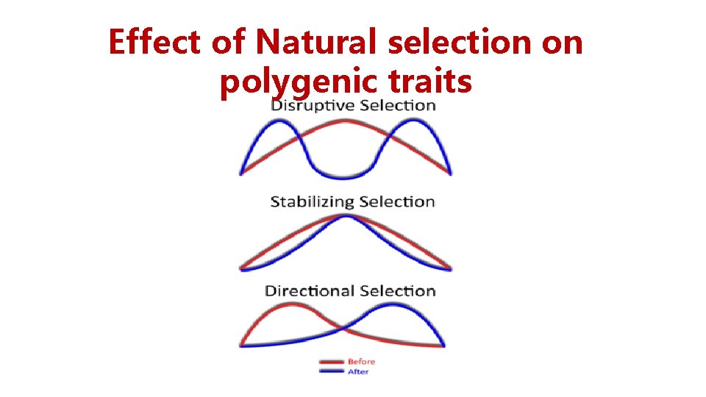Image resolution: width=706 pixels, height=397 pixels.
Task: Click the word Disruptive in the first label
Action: pos(309,105)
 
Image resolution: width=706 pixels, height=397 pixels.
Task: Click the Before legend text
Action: pos(362,362)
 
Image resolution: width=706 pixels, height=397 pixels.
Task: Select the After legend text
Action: pos(359,372)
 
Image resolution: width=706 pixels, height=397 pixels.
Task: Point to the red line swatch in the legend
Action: pos(331,362)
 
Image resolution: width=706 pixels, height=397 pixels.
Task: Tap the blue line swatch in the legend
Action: pos(331,372)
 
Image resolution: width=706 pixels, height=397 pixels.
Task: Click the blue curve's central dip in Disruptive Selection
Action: pos(346,176)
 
